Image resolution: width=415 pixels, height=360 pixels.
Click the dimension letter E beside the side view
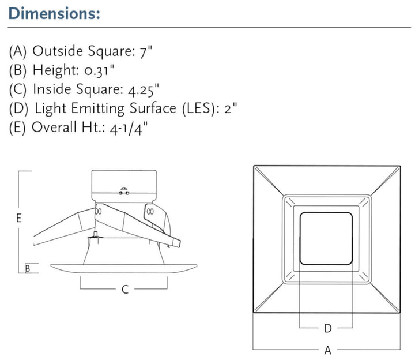pyautogui.click(x=19, y=219)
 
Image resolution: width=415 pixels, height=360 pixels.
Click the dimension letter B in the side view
pyautogui.click(x=27, y=268)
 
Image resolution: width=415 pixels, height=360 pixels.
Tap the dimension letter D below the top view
pyautogui.click(x=327, y=328)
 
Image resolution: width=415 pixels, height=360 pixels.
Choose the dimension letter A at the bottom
pyautogui.click(x=327, y=350)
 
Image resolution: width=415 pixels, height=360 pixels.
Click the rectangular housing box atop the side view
pyautogui.click(x=124, y=185)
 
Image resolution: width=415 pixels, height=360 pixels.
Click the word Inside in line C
pyautogui.click(x=51, y=89)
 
